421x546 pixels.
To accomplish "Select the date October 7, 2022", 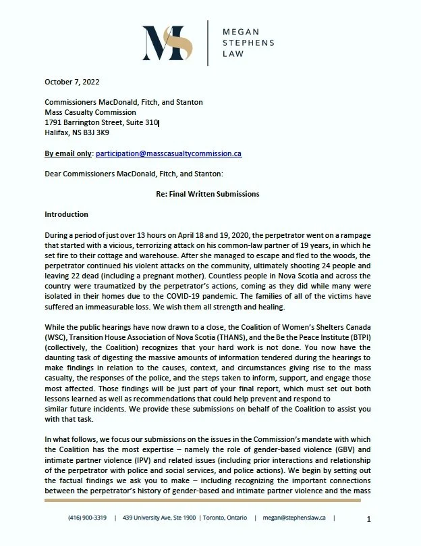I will pyautogui.click(x=72, y=82).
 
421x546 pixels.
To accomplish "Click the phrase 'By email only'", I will pyautogui.click(x=68, y=153).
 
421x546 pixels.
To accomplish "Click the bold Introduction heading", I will pyautogui.click(x=66, y=214).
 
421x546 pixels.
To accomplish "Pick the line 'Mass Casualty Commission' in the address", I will pyautogui.click(x=90, y=112).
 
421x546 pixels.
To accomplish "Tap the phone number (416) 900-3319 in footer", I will pyautogui.click(x=87, y=518).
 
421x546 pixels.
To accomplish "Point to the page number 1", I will pyautogui.click(x=369, y=519).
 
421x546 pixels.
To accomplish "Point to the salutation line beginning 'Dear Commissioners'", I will pyautogui.click(x=129, y=174).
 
